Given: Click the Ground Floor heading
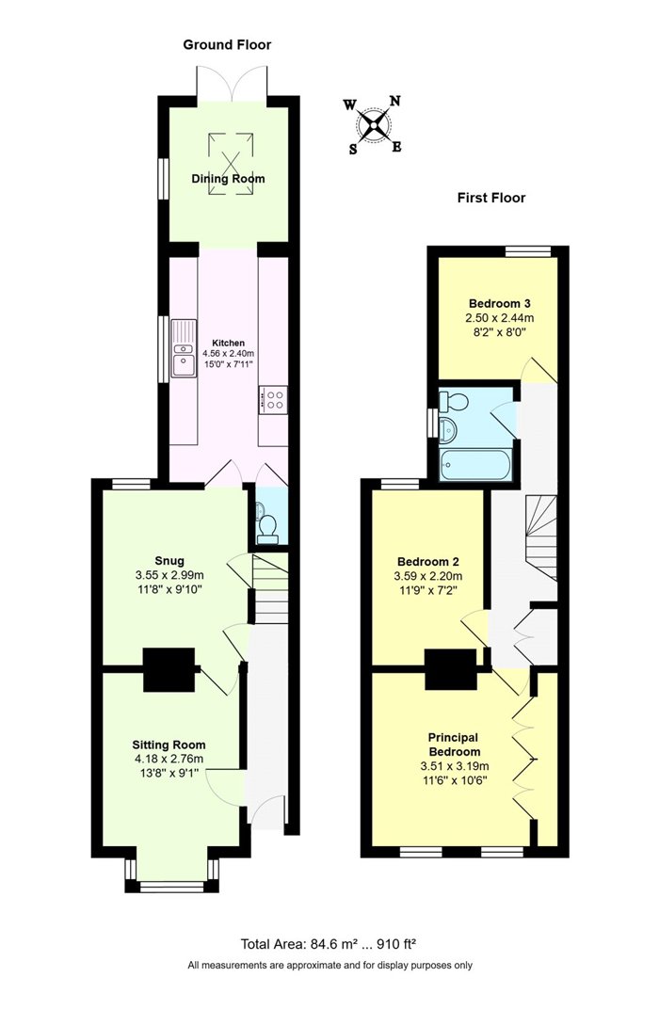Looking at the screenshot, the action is click(x=227, y=44).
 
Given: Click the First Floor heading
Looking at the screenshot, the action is click(x=491, y=198).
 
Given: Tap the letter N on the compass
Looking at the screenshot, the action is click(x=395, y=101).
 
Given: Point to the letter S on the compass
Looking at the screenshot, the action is click(x=353, y=149).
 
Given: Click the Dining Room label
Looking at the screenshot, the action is click(x=228, y=178).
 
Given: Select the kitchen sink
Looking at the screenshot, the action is click(x=184, y=349).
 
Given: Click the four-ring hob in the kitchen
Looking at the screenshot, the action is click(x=274, y=400).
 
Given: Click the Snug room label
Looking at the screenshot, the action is click(x=169, y=560).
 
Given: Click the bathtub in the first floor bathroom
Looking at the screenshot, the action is click(x=476, y=465).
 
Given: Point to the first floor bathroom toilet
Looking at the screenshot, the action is click(x=455, y=402).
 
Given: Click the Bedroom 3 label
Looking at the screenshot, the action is click(x=499, y=304).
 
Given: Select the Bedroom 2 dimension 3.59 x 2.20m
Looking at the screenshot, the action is click(x=428, y=576).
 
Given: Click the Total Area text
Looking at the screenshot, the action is click(x=329, y=944).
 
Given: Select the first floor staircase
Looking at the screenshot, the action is click(x=540, y=537).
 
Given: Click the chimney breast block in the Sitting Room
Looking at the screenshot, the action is click(x=169, y=670).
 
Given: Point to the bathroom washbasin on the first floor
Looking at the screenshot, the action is click(x=448, y=429).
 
